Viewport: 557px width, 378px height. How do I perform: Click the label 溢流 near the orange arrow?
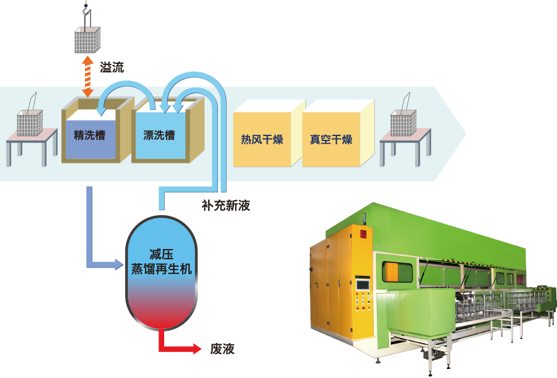coord(112,66)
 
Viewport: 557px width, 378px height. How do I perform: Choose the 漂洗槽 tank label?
coord(160,135)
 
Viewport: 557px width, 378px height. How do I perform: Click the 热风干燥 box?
coord(262,140)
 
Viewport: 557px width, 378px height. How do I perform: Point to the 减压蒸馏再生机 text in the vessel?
coord(161,262)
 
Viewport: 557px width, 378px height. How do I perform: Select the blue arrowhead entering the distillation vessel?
coord(118,262)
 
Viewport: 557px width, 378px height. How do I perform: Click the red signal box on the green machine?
coord(363,234)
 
